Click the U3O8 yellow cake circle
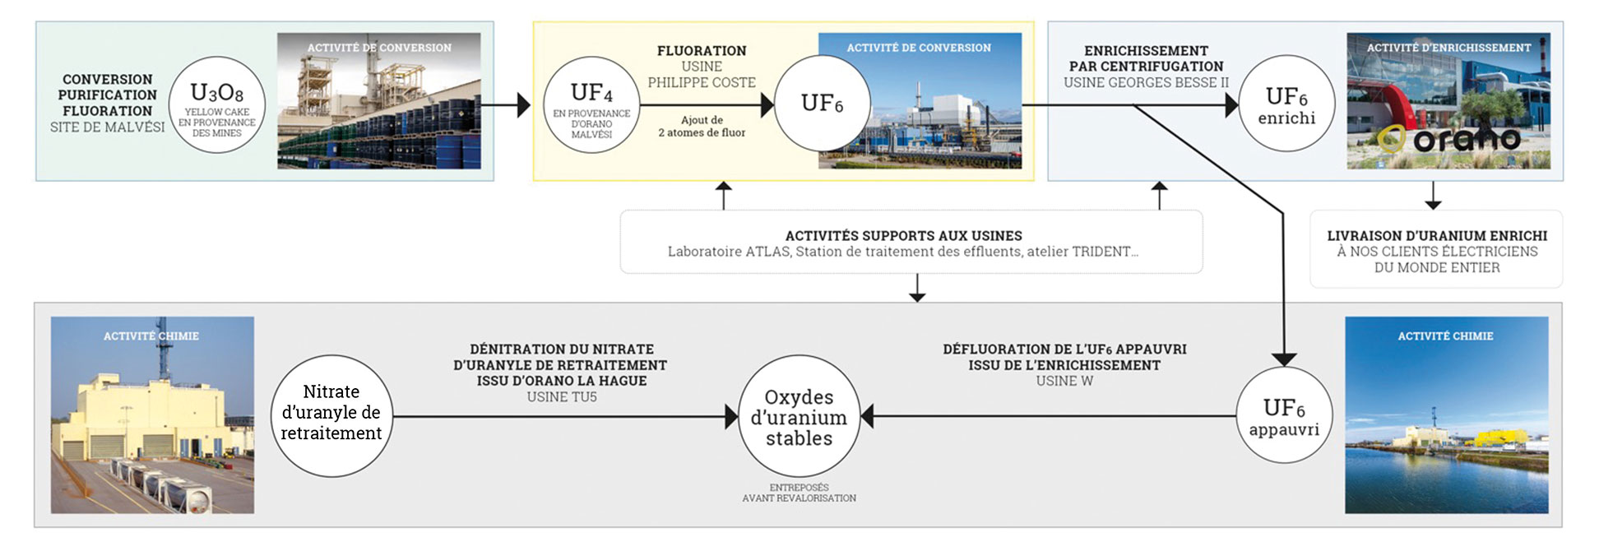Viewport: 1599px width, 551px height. (216, 104)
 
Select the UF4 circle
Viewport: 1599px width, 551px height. (591, 104)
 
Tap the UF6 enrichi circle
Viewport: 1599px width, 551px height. (1286, 104)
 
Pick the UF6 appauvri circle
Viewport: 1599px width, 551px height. (1284, 415)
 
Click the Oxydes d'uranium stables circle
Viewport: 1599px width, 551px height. (799, 416)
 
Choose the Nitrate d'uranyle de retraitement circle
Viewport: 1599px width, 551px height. (331, 416)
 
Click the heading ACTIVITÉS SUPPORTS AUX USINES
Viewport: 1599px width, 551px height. (903, 236)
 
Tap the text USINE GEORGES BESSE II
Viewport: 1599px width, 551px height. (1146, 82)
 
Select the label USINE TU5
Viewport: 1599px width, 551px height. (562, 396)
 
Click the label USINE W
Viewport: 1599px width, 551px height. (1064, 381)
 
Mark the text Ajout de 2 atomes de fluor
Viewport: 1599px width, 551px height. (702, 126)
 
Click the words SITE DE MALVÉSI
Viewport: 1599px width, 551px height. (107, 127)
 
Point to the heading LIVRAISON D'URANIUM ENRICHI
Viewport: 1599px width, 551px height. (1436, 236)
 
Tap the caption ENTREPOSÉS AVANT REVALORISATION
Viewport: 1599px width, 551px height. (799, 493)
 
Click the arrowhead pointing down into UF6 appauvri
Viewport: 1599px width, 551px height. (1284, 359)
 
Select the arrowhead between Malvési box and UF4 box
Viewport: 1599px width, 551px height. (523, 105)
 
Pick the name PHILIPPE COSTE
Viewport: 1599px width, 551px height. (702, 82)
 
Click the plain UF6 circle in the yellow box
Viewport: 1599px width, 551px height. (822, 104)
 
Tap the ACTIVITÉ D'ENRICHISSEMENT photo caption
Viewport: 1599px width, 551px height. (1448, 48)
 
